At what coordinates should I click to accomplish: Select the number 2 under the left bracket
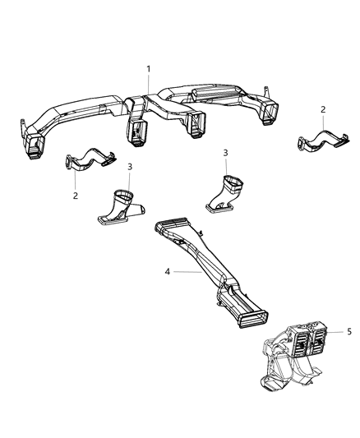(75, 196)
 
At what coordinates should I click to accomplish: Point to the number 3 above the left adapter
(130, 167)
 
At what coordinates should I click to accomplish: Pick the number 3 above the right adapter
(225, 153)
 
